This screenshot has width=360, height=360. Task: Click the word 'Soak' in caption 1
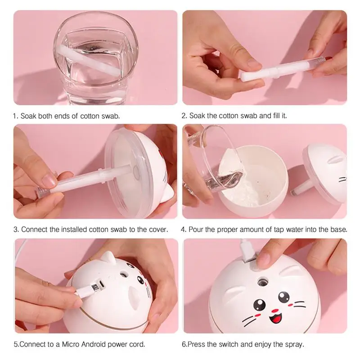(28, 116)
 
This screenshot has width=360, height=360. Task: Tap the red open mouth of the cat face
(276, 318)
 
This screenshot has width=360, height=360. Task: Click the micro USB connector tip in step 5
(94, 287)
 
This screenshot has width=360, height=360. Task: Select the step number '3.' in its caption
(16, 229)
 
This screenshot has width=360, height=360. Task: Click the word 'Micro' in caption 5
(71, 344)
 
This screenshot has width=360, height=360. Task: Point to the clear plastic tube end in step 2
(319, 61)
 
